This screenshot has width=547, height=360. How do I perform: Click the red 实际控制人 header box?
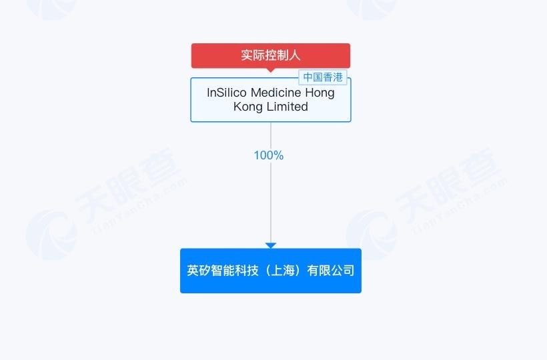[x=271, y=55]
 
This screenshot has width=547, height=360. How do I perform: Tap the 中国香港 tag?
[x=323, y=77]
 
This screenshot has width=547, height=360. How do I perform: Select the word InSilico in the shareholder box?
[x=227, y=93]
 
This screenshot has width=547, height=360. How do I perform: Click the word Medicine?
[x=276, y=93]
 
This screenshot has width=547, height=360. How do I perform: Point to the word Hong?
[x=320, y=93]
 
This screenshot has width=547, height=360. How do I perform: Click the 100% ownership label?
[x=269, y=155]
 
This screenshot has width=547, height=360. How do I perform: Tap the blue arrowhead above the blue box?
[x=271, y=245]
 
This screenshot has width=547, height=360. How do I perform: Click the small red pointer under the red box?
[x=271, y=70]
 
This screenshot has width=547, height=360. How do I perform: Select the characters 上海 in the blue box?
[x=283, y=271]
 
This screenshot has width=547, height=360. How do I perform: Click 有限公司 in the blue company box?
[x=331, y=271]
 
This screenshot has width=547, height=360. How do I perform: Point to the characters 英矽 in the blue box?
[x=199, y=271]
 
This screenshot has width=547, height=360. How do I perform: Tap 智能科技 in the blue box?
[x=234, y=271]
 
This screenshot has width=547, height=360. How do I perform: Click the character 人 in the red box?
[x=295, y=55]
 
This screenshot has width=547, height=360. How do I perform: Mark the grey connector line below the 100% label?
[x=271, y=202]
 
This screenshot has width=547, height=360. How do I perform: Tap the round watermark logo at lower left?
[x=51, y=235]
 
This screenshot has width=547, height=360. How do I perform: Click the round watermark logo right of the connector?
[x=372, y=235]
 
